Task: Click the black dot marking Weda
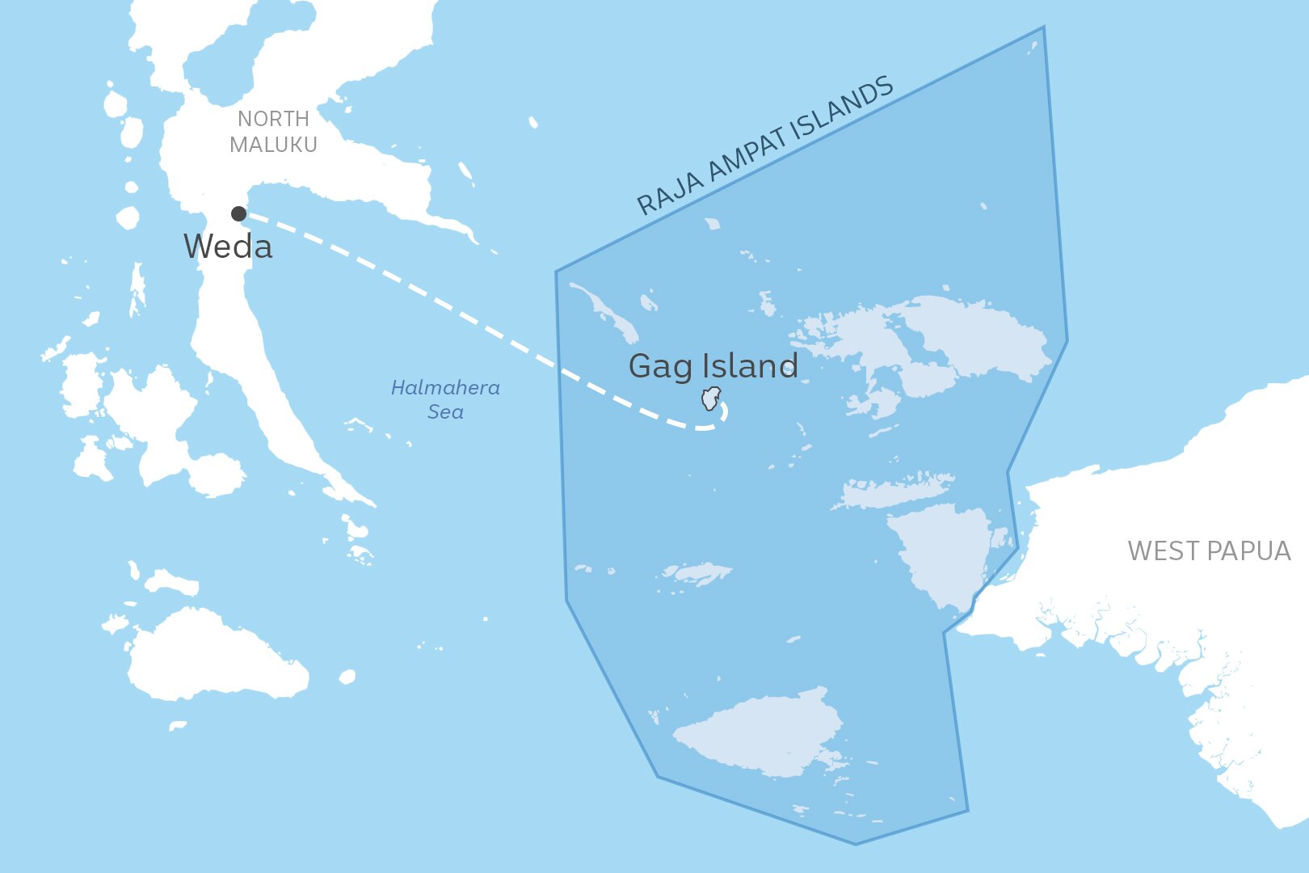pyautogui.click(x=238, y=213)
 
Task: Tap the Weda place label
pyautogui.click(x=228, y=247)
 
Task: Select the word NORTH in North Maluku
pyautogui.click(x=273, y=119)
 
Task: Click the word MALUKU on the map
pyautogui.click(x=273, y=145)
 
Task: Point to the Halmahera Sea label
pyautogui.click(x=445, y=399)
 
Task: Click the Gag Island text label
pyautogui.click(x=713, y=366)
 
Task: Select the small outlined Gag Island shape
pyautogui.click(x=710, y=399)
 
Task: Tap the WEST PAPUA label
pyautogui.click(x=1209, y=551)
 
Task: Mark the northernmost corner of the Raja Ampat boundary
pyautogui.click(x=1043, y=27)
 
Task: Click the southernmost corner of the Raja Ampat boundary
pyautogui.click(x=856, y=845)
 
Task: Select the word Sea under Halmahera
pyautogui.click(x=445, y=412)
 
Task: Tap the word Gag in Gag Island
pyautogui.click(x=660, y=366)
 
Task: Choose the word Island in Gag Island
pyautogui.click(x=749, y=366)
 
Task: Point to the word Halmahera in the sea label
pyautogui.click(x=445, y=388)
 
